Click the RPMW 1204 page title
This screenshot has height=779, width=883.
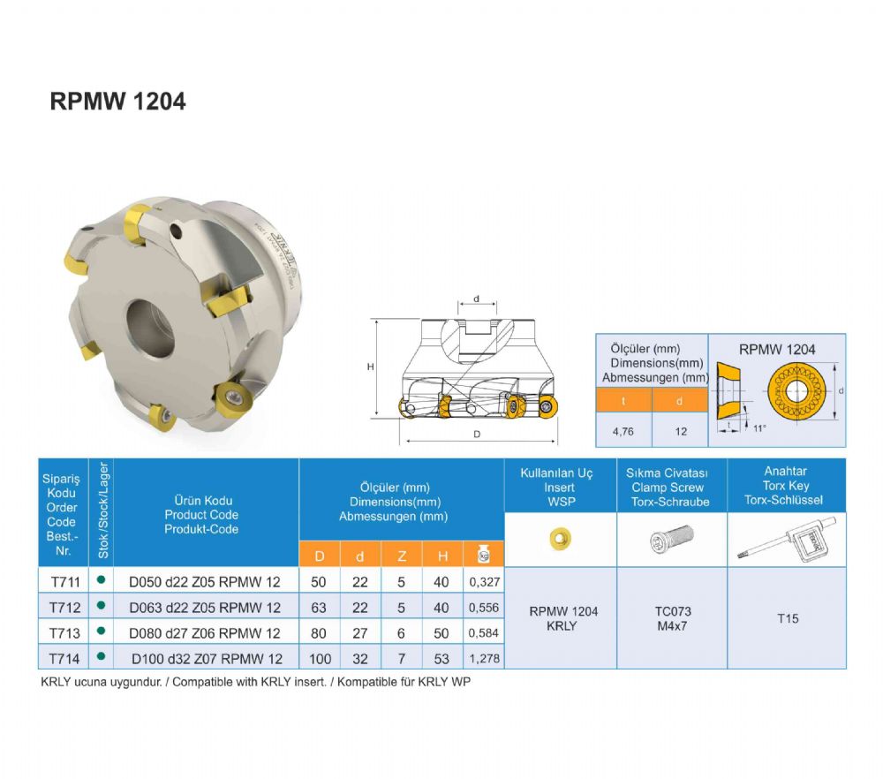tap(117, 102)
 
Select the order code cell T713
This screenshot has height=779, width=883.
tap(64, 633)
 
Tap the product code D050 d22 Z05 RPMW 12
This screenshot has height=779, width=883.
tap(205, 582)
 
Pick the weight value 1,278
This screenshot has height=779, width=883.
tap(484, 659)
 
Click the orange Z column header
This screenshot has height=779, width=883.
tap(402, 556)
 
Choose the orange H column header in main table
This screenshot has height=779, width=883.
tap(442, 556)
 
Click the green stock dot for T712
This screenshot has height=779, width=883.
tap(102, 606)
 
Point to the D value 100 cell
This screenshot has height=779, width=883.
tap(320, 659)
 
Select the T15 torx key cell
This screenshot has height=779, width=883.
tap(788, 618)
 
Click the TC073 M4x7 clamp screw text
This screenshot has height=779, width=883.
tap(672, 618)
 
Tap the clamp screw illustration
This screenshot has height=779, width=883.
tap(671, 539)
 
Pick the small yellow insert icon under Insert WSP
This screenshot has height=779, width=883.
tap(561, 538)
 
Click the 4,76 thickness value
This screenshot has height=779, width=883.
tap(623, 432)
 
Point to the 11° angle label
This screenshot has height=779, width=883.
tap(759, 428)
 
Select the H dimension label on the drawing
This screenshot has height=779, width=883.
tap(371, 367)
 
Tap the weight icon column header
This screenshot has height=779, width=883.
tap(483, 555)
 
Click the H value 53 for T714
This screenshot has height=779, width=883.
tap(441, 659)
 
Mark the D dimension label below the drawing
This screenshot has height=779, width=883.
tap(477, 435)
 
